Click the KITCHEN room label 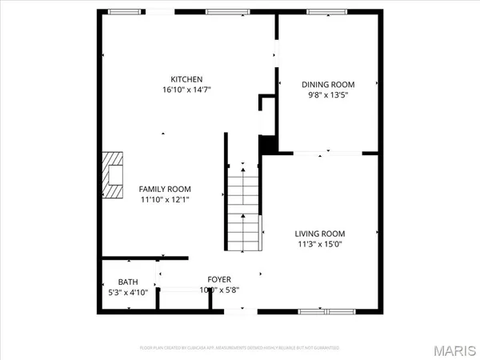[x=186, y=78]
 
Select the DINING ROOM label [x=327, y=84]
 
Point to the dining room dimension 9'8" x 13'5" [x=327, y=94]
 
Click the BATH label [x=128, y=282]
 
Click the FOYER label [x=219, y=280]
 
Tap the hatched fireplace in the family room [x=113, y=174]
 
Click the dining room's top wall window [x=326, y=12]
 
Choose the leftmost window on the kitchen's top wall [x=125, y=12]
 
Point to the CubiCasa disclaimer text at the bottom [x=240, y=348]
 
